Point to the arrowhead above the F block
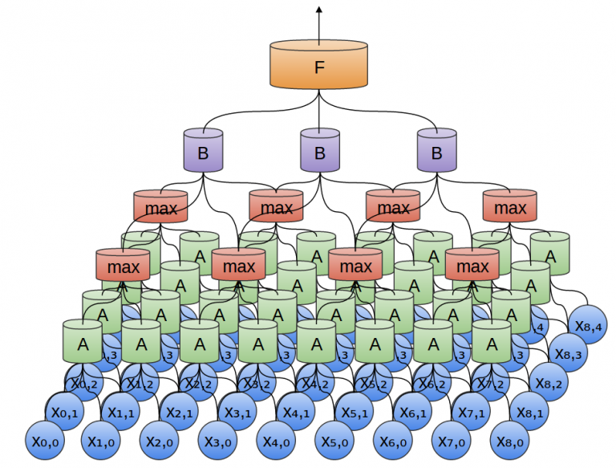pos(318,10)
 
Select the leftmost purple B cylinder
pos(202,150)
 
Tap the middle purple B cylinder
pos(319,150)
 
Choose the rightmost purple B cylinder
pos(436,150)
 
